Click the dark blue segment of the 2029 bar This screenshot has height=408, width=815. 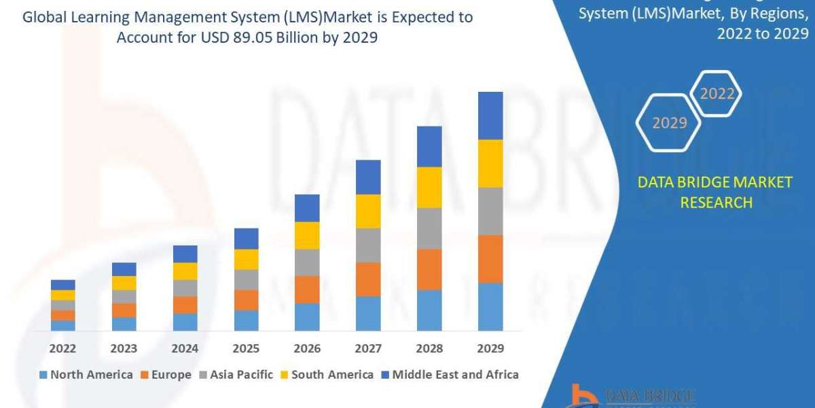[x=490, y=116]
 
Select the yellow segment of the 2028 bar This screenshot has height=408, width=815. [x=429, y=187]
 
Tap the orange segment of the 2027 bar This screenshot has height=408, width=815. [x=368, y=279]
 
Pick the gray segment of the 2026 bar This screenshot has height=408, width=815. [x=307, y=262]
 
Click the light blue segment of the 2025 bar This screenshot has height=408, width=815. [x=246, y=320]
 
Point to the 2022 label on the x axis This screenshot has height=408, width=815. [x=62, y=348]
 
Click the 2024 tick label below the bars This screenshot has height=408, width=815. [x=185, y=348]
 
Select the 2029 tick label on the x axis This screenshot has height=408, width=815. [x=490, y=348]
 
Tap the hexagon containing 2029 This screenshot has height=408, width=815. [x=669, y=123]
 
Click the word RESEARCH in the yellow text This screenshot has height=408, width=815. [x=716, y=202]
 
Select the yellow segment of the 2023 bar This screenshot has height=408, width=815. [x=124, y=283]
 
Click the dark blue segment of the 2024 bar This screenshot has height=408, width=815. [x=185, y=254]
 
